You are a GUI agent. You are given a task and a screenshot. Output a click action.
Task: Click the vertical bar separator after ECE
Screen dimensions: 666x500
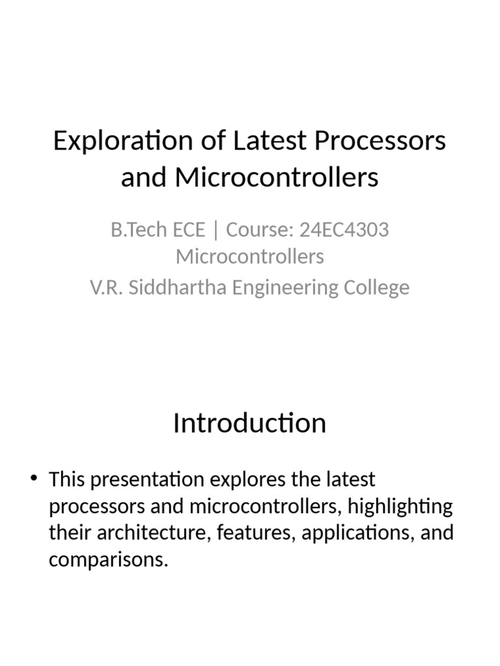215,230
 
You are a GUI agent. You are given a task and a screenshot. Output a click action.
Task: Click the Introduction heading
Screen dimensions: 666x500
249,423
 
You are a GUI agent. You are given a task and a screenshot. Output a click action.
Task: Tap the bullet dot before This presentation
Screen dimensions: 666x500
34,480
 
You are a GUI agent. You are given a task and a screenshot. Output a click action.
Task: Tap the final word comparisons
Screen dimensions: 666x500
108,560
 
